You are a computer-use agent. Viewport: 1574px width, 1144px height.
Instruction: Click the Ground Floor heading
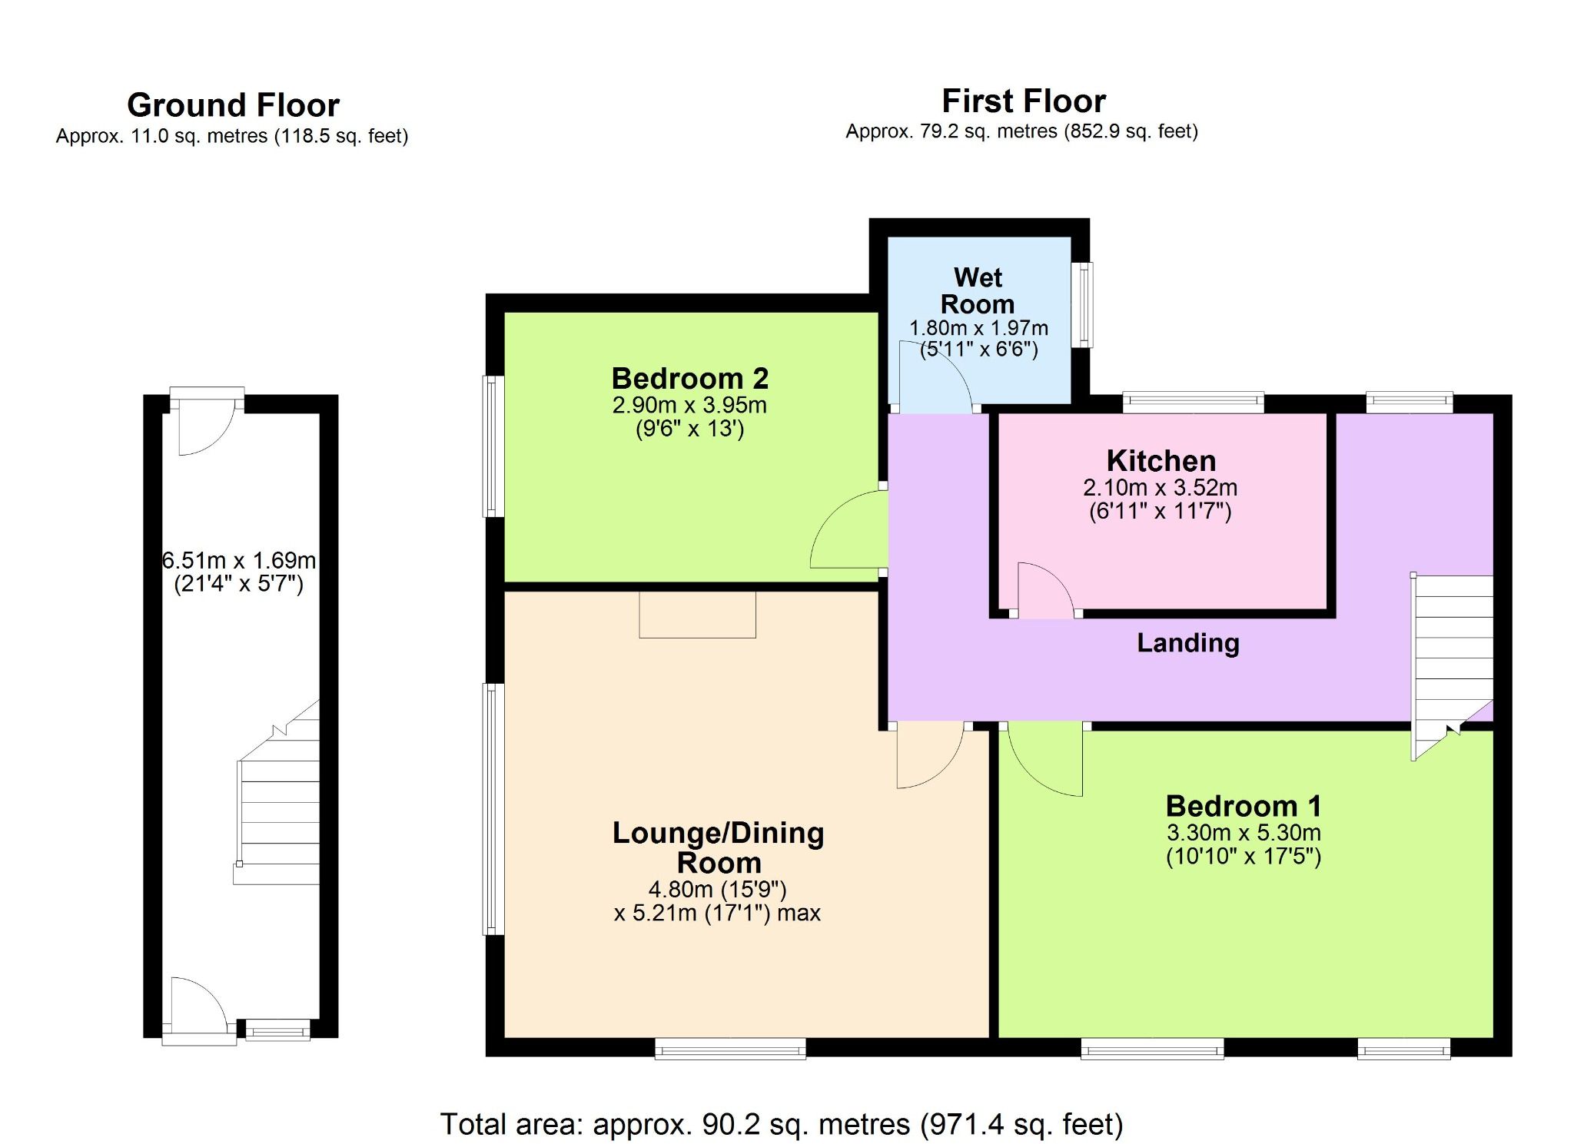233,105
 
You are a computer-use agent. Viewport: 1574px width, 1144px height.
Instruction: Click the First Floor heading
1023,101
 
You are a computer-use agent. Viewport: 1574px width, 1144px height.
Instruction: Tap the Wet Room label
978,290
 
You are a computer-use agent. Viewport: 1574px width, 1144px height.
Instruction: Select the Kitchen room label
1161,461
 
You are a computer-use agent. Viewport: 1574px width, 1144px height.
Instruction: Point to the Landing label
1187,642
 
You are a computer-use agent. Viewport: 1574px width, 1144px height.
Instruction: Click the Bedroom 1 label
1243,806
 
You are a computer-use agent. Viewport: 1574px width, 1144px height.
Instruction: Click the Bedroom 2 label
689,378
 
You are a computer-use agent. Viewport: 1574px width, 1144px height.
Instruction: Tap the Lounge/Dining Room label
718,847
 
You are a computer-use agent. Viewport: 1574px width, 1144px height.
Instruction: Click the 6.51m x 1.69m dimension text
239,560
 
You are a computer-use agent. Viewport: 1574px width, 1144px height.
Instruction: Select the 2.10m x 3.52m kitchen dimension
1160,487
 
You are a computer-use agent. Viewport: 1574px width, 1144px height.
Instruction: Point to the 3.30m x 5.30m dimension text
1243,832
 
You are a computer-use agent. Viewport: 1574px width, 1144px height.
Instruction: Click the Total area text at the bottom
781,1124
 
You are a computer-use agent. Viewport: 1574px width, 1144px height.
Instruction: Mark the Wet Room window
1082,304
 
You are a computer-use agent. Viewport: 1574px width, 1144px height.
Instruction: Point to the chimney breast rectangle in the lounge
697,614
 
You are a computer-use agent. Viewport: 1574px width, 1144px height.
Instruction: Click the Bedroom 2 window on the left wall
493,446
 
